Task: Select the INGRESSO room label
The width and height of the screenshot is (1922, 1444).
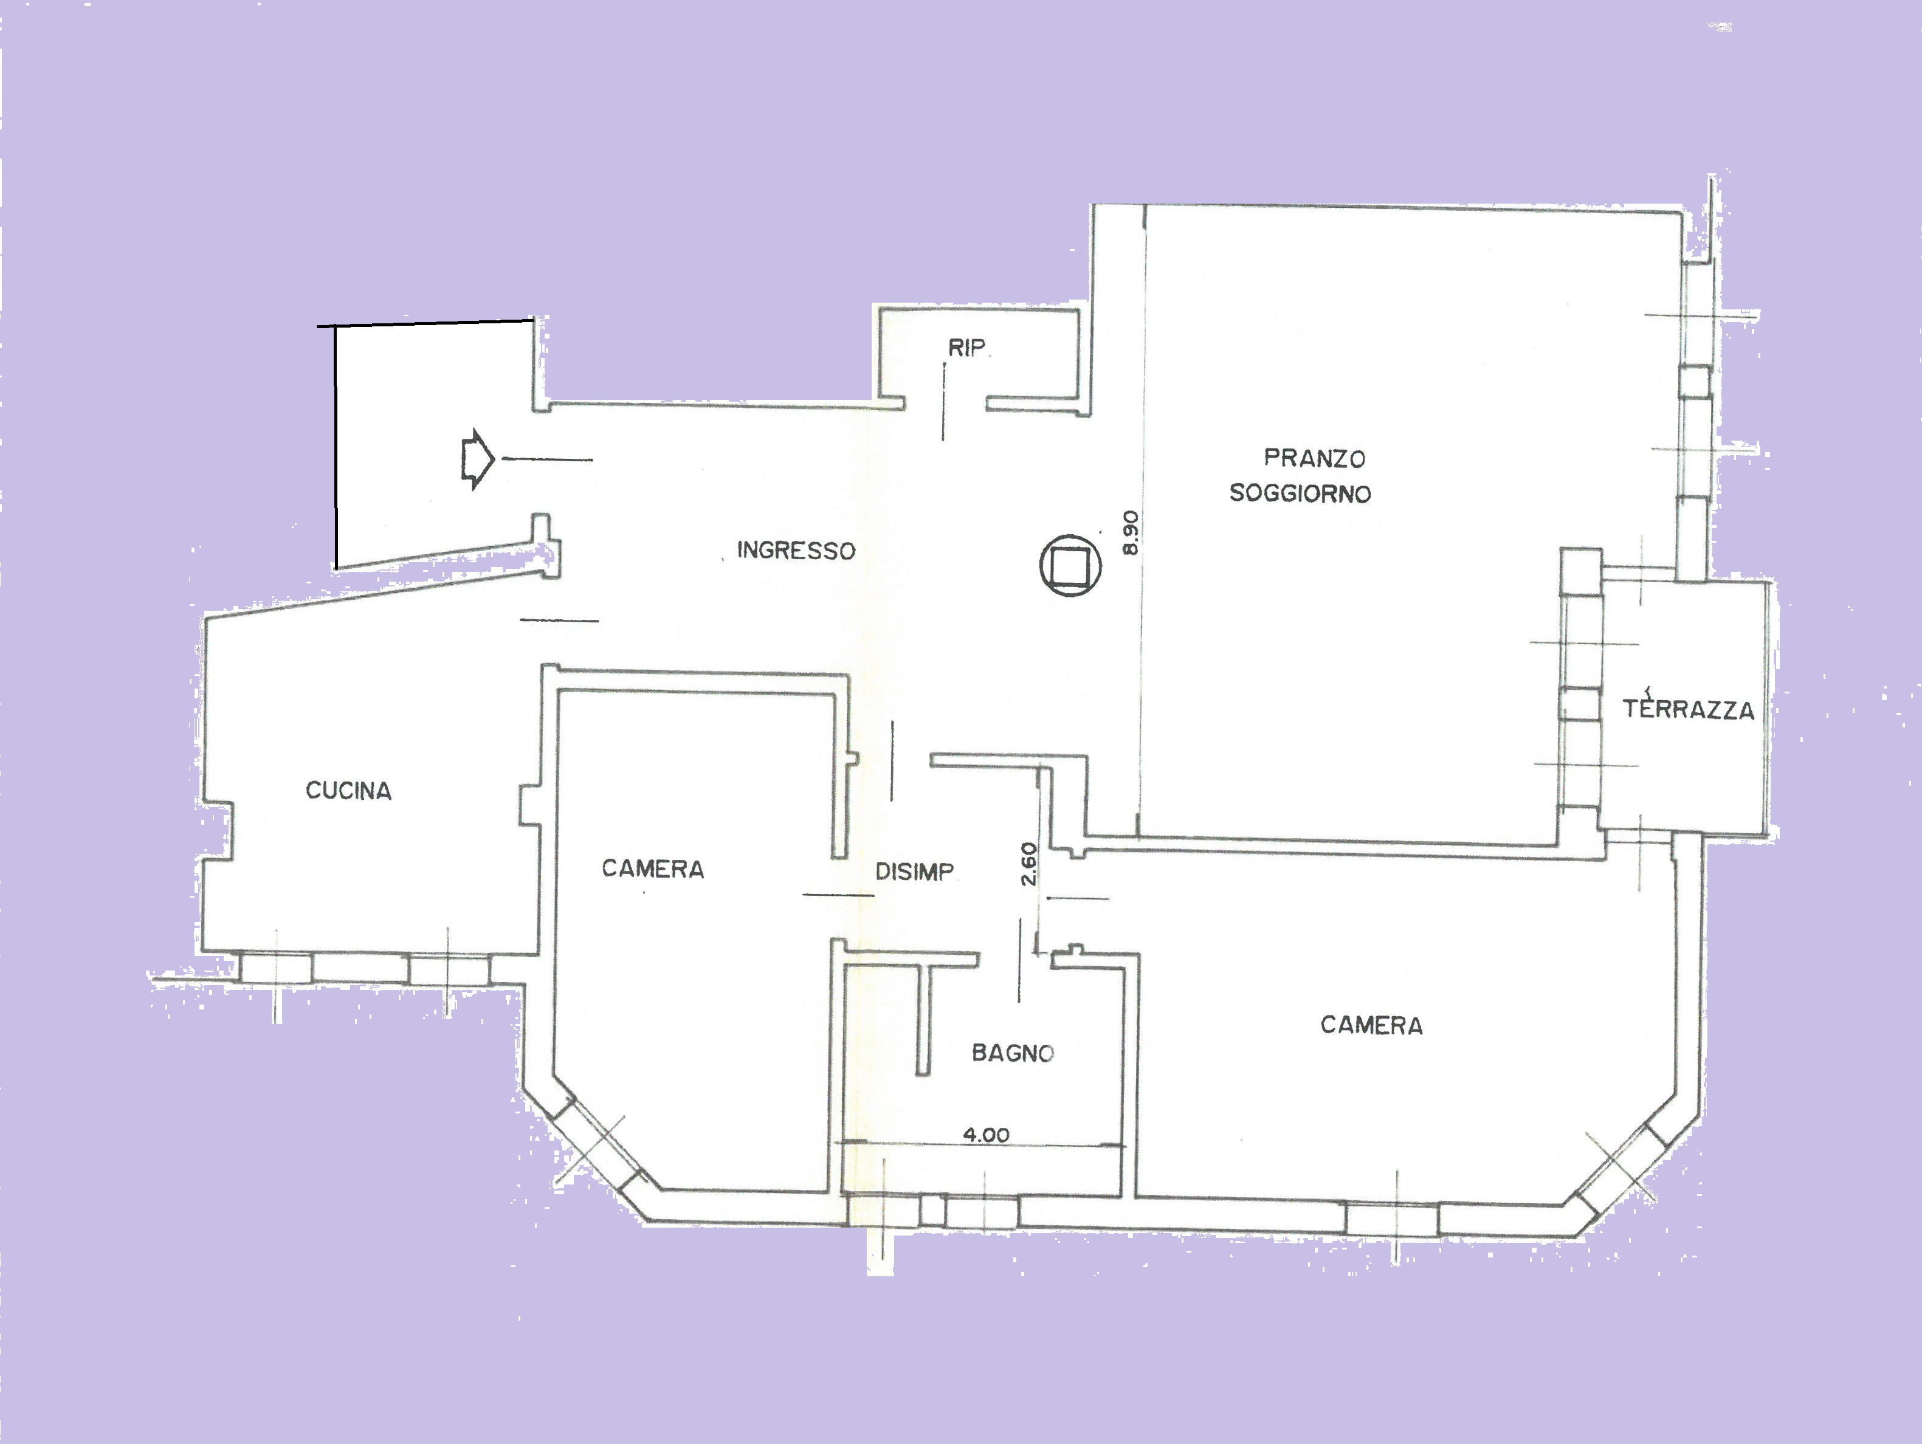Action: click(x=796, y=550)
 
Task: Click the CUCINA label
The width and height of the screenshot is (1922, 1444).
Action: click(x=348, y=791)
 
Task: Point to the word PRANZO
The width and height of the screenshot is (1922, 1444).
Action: click(x=1315, y=458)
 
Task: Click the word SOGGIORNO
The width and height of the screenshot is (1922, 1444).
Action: click(x=1300, y=493)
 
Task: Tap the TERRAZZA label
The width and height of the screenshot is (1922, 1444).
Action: click(x=1688, y=709)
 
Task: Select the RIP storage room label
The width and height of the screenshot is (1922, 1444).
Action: click(x=966, y=348)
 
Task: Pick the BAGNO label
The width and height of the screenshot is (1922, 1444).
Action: click(x=1012, y=1053)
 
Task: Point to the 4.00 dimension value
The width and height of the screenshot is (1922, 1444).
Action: click(x=986, y=1135)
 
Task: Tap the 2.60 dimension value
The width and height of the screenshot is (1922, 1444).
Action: click(x=1028, y=864)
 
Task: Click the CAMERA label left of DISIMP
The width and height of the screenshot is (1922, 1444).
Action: click(x=653, y=869)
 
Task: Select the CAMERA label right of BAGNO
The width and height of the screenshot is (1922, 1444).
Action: click(x=1371, y=1025)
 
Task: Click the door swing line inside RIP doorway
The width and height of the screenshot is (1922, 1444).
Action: click(x=945, y=401)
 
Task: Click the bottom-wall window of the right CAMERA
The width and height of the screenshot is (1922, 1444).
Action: click(x=1392, y=1218)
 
